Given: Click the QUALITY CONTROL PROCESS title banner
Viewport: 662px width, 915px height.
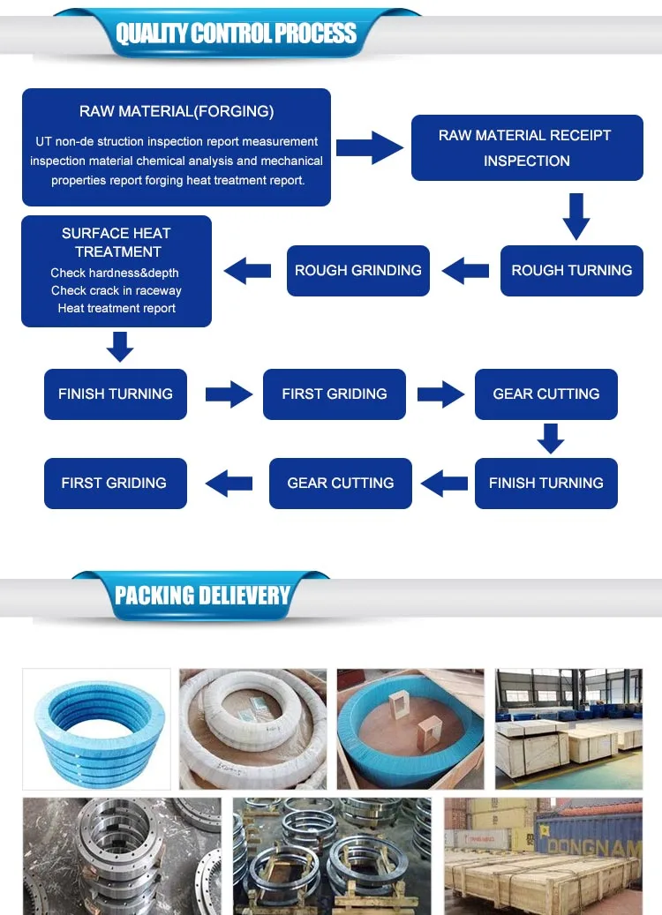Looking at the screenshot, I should [x=236, y=34].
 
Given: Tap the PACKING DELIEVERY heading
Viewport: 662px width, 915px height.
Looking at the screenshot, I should [x=202, y=596].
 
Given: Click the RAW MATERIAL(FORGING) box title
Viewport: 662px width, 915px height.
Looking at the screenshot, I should [x=177, y=111].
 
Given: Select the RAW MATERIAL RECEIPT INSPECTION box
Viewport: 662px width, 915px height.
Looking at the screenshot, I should [x=527, y=148].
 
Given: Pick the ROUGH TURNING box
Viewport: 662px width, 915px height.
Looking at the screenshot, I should [x=572, y=271].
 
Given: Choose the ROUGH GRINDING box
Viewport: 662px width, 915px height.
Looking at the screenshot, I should [x=358, y=271].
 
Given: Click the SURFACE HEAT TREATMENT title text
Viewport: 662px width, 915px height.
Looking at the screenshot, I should [x=117, y=243].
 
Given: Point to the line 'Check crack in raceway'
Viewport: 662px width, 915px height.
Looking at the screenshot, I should [x=117, y=290].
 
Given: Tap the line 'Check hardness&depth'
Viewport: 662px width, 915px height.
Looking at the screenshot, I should [x=115, y=273].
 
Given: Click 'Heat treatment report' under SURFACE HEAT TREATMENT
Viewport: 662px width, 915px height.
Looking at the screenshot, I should [x=117, y=308].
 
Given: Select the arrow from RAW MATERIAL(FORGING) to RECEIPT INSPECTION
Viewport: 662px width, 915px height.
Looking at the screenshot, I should [x=370, y=148].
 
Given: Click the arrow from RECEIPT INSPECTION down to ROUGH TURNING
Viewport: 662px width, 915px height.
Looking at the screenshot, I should [x=575, y=216].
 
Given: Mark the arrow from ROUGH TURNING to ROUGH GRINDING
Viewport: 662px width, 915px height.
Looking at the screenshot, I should [x=465, y=271].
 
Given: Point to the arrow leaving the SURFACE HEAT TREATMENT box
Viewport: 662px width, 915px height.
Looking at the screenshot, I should [x=119, y=347].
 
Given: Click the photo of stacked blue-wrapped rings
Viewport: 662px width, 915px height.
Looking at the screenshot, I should [x=96, y=729].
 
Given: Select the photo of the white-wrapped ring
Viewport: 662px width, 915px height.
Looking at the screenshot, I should [x=252, y=729].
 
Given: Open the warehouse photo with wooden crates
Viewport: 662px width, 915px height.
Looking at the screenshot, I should [x=568, y=729].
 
